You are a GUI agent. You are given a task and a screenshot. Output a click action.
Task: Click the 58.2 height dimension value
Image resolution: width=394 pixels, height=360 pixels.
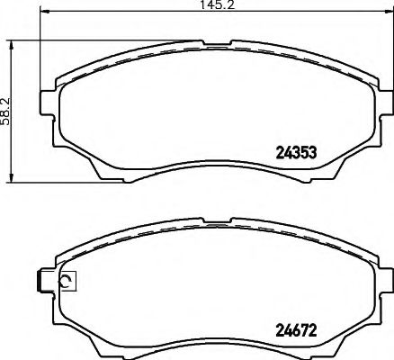(x=6, y=112)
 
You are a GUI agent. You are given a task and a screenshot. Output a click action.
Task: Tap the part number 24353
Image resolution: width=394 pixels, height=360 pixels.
(x=296, y=153)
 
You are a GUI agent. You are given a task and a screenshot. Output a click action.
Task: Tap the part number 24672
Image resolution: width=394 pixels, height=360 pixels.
(x=296, y=331)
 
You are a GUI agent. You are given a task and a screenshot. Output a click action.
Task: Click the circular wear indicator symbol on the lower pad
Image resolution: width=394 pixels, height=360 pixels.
(x=66, y=281)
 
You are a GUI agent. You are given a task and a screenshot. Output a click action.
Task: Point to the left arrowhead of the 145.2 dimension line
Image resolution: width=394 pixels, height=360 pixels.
(x=44, y=12)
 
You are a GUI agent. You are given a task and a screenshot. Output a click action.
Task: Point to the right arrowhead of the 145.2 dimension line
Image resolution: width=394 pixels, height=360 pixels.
(x=390, y=12)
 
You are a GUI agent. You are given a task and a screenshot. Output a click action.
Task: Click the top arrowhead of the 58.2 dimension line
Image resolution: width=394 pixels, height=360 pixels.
(x=12, y=45)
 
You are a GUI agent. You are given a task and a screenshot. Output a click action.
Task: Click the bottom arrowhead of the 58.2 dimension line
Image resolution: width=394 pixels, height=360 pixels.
(x=12, y=177)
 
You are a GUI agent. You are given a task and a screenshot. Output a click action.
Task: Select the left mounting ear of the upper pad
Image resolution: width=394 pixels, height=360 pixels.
(x=48, y=103)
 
